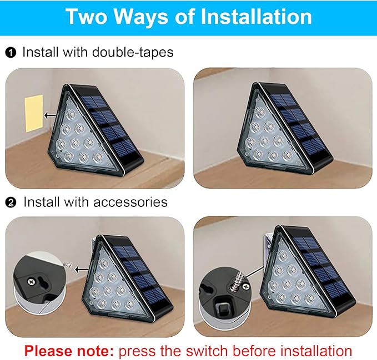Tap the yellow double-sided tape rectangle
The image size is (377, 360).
point(33,113)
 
